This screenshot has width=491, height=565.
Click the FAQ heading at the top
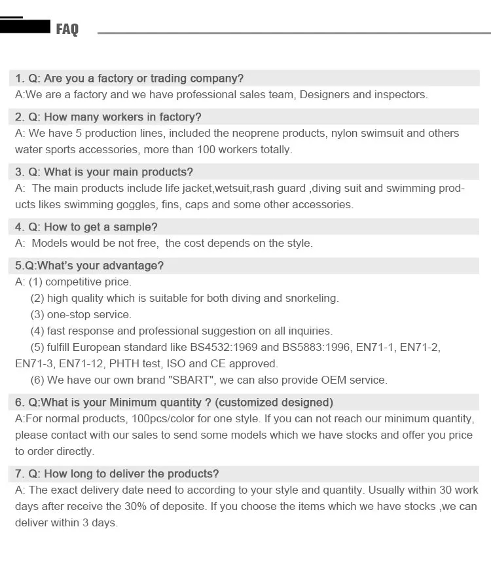click(67, 29)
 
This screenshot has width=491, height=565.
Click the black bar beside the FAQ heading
click(26, 27)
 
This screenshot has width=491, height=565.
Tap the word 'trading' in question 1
click(170, 79)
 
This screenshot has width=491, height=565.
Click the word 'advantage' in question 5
click(134, 266)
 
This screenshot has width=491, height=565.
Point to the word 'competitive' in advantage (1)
click(73, 282)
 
